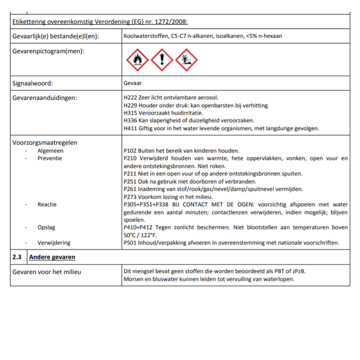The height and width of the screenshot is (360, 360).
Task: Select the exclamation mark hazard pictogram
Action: [x=162, y=60]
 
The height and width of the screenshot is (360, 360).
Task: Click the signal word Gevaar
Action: [x=132, y=83]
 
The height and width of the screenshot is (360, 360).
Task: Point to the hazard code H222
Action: [x=130, y=98]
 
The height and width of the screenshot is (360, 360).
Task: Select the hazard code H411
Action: [x=130, y=128]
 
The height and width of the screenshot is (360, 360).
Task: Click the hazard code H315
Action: [x=130, y=113]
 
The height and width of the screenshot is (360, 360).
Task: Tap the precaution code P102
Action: [x=130, y=151]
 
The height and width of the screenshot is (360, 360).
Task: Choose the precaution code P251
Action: [x=130, y=181]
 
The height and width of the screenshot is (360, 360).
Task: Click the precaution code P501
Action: [x=130, y=243]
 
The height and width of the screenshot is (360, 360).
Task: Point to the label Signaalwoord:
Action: [x=32, y=83]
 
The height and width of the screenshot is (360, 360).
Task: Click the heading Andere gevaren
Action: [x=52, y=257]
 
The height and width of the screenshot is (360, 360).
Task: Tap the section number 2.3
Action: [x=17, y=257]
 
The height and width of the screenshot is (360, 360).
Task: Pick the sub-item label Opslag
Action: [x=47, y=228]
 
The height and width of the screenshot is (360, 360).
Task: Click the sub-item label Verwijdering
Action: [x=54, y=243]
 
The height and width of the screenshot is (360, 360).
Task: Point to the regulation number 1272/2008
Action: [x=172, y=21]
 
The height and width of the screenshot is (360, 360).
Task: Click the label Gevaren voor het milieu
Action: [x=47, y=272]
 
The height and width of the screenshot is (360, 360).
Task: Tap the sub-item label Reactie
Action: [x=47, y=204]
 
